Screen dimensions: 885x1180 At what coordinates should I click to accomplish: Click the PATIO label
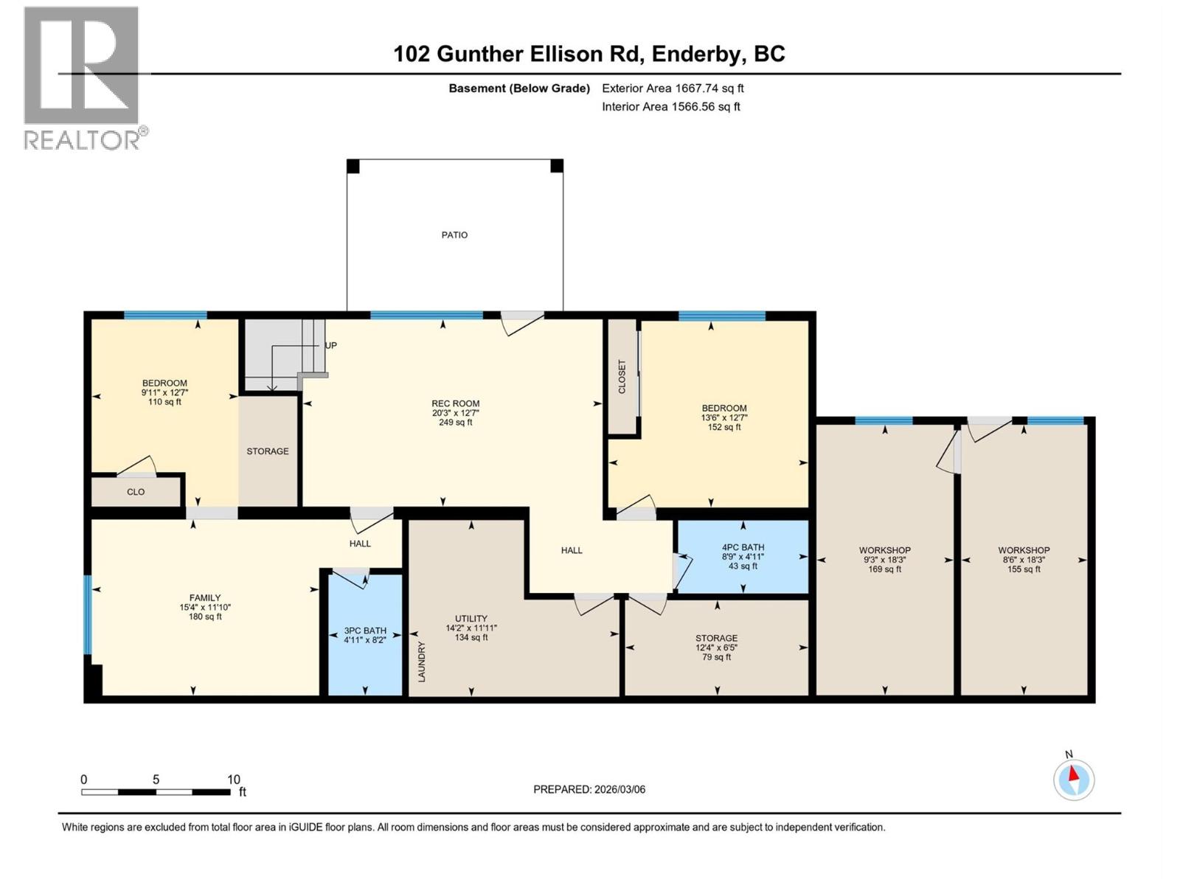click(454, 235)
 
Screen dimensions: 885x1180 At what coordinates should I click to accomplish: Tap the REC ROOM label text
click(455, 403)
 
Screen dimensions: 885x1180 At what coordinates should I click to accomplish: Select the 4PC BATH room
click(743, 557)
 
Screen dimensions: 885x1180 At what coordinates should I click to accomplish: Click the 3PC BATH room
click(365, 635)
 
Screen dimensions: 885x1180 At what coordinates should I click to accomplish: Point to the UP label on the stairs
click(331, 345)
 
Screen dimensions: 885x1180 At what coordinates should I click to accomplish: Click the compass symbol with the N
click(1074, 780)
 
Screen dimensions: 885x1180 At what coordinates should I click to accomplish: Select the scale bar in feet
click(156, 792)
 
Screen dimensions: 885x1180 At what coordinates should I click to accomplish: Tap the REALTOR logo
click(82, 77)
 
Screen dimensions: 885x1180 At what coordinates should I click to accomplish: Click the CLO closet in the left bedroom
click(136, 492)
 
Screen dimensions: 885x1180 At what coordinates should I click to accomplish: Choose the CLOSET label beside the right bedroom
click(622, 376)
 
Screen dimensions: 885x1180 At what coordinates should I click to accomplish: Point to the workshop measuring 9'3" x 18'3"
click(884, 560)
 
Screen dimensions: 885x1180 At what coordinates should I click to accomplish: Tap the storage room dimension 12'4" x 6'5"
click(716, 648)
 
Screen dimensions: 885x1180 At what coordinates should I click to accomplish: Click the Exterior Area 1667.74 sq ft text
click(673, 88)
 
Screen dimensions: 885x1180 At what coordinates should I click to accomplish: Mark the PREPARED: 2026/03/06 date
click(589, 789)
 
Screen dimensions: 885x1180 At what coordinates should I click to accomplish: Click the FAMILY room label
click(205, 598)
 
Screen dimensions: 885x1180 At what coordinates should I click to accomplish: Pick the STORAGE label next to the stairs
click(268, 451)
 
